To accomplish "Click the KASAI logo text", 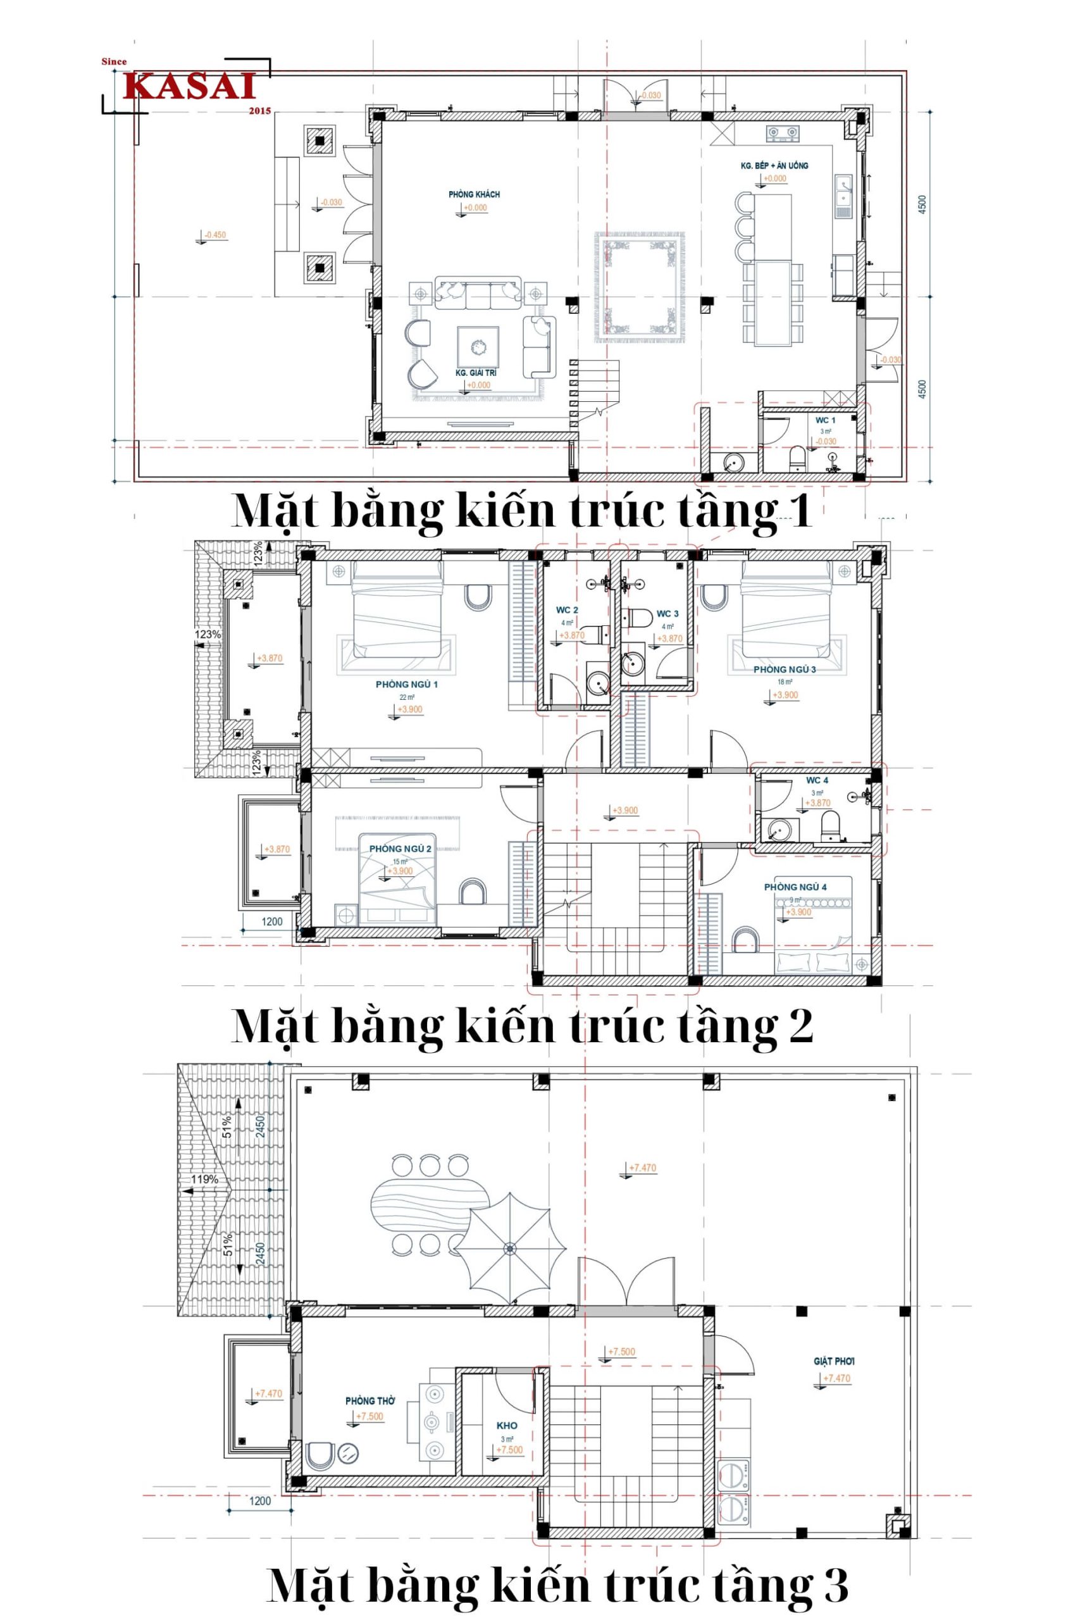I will click(x=190, y=87).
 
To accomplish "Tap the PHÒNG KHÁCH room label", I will click(x=474, y=194).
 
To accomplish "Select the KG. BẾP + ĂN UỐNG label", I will click(x=774, y=166).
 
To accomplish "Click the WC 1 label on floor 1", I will click(x=825, y=420).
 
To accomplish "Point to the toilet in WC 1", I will click(x=798, y=458).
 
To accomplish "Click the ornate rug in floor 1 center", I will click(x=640, y=287).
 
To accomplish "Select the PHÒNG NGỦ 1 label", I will click(x=406, y=685).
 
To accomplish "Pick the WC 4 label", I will click(x=817, y=780).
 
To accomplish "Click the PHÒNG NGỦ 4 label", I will click(x=795, y=887).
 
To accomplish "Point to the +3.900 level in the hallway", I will click(x=624, y=811).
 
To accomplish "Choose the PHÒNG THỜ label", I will click(x=371, y=1401).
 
